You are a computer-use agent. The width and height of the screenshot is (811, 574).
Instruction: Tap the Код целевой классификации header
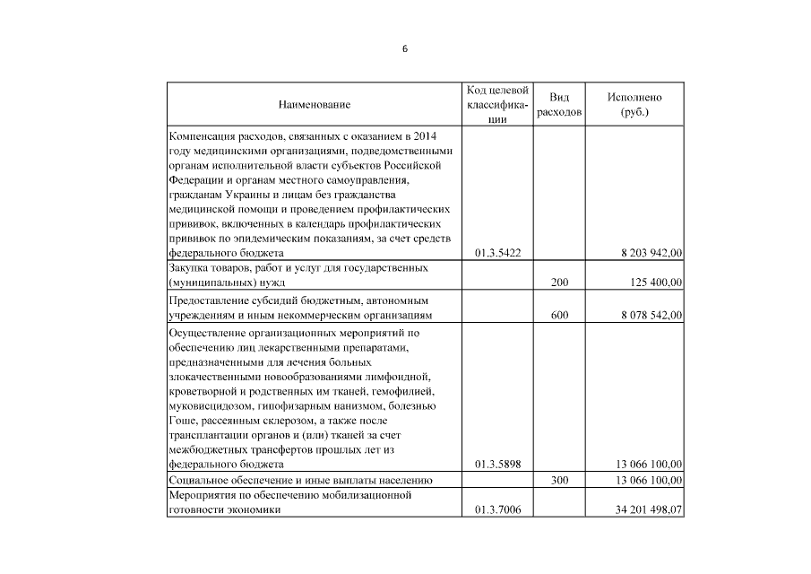[x=497, y=105]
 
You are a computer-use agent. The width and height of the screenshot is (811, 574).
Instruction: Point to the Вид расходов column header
[x=559, y=105]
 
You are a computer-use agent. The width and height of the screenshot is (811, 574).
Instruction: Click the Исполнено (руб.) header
[x=634, y=105]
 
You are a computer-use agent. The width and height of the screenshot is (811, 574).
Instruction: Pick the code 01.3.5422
[x=497, y=254]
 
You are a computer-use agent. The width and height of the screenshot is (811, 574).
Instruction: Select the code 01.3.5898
[x=497, y=465]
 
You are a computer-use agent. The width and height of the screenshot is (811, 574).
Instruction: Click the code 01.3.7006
[x=497, y=510]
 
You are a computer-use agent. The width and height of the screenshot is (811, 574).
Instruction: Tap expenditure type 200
[x=559, y=283]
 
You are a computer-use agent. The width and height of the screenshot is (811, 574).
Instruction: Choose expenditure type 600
[x=559, y=316]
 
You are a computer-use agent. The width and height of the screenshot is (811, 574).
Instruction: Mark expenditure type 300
[x=559, y=482]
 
